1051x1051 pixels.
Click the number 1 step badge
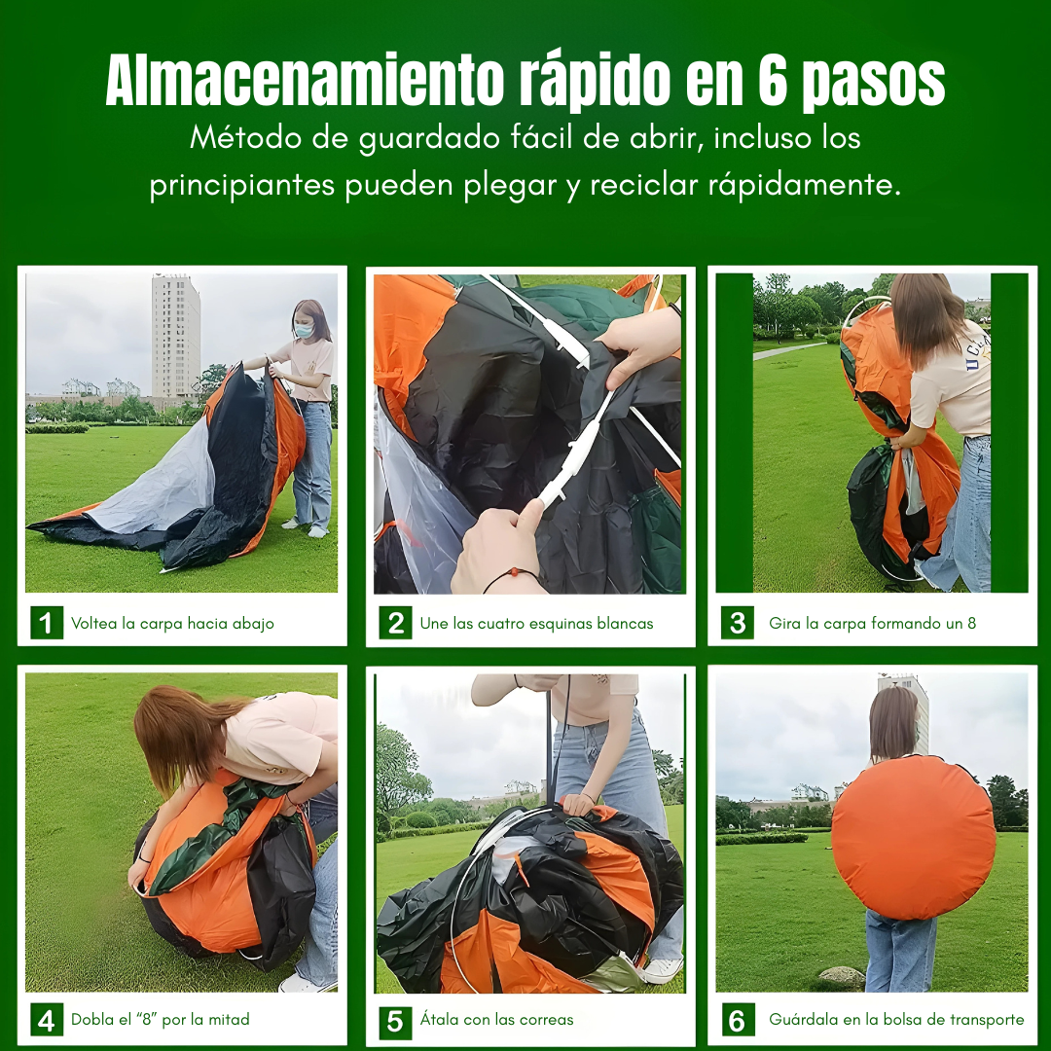(x=47, y=623)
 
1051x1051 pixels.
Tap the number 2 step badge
(x=395, y=623)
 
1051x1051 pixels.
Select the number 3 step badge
(x=738, y=623)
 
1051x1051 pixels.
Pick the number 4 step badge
(x=47, y=1020)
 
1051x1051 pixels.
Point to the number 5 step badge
(x=395, y=1020)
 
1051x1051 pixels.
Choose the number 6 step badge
(x=738, y=1020)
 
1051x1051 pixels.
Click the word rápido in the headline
(x=595, y=82)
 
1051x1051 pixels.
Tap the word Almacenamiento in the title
(x=305, y=80)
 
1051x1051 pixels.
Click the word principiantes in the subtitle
(x=242, y=186)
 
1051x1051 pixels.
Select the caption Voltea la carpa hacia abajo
(x=172, y=624)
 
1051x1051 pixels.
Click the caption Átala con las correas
(x=496, y=1020)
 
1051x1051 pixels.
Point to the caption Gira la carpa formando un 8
(x=872, y=624)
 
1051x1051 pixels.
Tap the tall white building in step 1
(x=175, y=337)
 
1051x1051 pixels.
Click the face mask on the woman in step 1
(x=305, y=330)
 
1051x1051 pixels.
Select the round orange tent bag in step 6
(x=913, y=837)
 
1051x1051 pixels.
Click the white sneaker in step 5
(x=662, y=969)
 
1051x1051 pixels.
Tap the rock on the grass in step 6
(x=842, y=976)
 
